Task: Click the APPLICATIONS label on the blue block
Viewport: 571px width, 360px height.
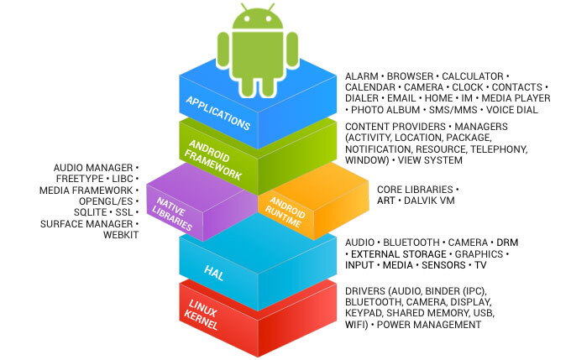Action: click(218, 112)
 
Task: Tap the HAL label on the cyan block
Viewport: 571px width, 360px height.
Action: click(214, 273)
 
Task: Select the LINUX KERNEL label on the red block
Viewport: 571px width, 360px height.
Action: click(202, 315)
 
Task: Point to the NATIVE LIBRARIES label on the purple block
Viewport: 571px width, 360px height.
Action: click(172, 214)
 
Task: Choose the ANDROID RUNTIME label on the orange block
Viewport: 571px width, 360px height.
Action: click(285, 211)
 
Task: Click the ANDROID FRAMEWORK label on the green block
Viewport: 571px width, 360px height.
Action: click(213, 159)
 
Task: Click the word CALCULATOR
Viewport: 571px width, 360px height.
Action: click(472, 76)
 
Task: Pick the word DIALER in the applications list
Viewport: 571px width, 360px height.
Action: click(362, 98)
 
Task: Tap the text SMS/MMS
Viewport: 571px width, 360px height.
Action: click(453, 110)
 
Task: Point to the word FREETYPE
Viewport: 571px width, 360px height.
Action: click(80, 179)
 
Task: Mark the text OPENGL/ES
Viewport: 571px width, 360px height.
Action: click(106, 201)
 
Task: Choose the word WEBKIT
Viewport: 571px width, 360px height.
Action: click(121, 235)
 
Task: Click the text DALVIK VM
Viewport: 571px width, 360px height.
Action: click(429, 201)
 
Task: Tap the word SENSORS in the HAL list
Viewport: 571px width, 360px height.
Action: click(443, 265)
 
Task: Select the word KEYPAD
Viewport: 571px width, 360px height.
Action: click(363, 313)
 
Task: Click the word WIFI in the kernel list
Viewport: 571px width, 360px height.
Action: click(356, 325)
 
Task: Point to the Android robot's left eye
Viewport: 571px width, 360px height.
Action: click(247, 18)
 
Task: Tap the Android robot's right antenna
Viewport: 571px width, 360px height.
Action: click(271, 8)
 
